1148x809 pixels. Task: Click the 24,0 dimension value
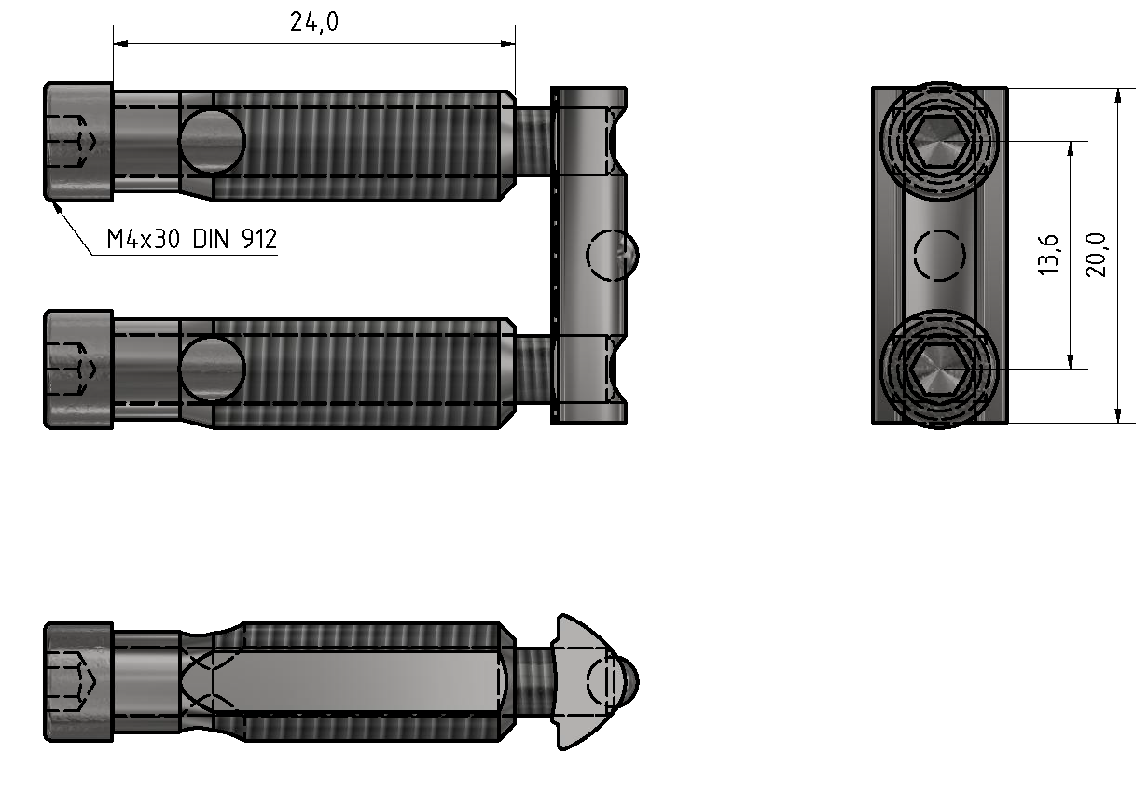(x=313, y=22)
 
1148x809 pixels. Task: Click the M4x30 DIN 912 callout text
(x=191, y=240)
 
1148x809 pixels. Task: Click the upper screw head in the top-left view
(x=78, y=141)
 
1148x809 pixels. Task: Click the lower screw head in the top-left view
(x=78, y=370)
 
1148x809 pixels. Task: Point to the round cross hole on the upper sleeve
(x=212, y=142)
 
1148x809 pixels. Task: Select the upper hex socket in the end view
(x=939, y=142)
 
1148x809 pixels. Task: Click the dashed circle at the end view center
(x=939, y=255)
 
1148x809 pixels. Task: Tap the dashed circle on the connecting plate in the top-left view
(x=610, y=254)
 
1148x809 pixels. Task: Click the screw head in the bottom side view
(x=78, y=683)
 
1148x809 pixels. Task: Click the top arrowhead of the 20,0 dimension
(x=1117, y=94)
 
